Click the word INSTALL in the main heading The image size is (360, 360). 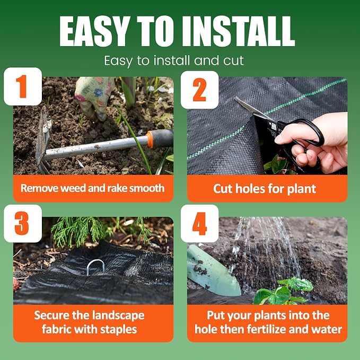click(239, 31)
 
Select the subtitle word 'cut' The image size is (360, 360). click(233, 60)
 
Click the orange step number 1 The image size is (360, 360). click(22, 87)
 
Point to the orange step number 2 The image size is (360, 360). click(199, 90)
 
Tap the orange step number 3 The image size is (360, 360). click(22, 223)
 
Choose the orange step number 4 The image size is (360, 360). click(199, 224)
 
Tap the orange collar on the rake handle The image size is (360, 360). click(150, 139)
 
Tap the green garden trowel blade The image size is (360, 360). click(213, 271)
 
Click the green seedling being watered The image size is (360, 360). click(284, 291)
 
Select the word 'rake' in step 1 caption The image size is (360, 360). click(117, 188)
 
